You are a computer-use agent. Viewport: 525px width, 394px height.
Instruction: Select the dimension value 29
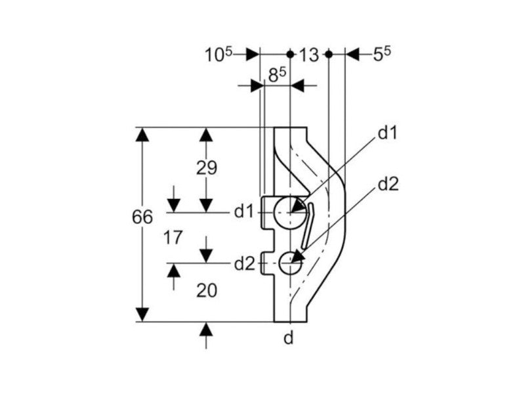[206, 168]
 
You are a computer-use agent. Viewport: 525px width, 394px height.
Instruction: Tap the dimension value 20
[206, 290]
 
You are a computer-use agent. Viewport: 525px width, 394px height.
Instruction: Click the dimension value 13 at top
[308, 55]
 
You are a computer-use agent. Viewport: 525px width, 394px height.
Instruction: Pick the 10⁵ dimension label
[219, 55]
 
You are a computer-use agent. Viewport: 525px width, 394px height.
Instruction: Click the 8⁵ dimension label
[276, 76]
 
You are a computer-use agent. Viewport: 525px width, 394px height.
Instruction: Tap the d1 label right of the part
[388, 133]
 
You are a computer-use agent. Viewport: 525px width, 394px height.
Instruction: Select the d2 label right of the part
[388, 185]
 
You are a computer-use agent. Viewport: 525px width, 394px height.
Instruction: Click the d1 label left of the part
[244, 211]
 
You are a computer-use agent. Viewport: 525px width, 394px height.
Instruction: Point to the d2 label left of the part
[244, 263]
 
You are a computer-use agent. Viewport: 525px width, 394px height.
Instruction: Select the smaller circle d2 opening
[289, 263]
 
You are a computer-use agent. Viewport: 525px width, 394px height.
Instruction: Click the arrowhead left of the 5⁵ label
[352, 55]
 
